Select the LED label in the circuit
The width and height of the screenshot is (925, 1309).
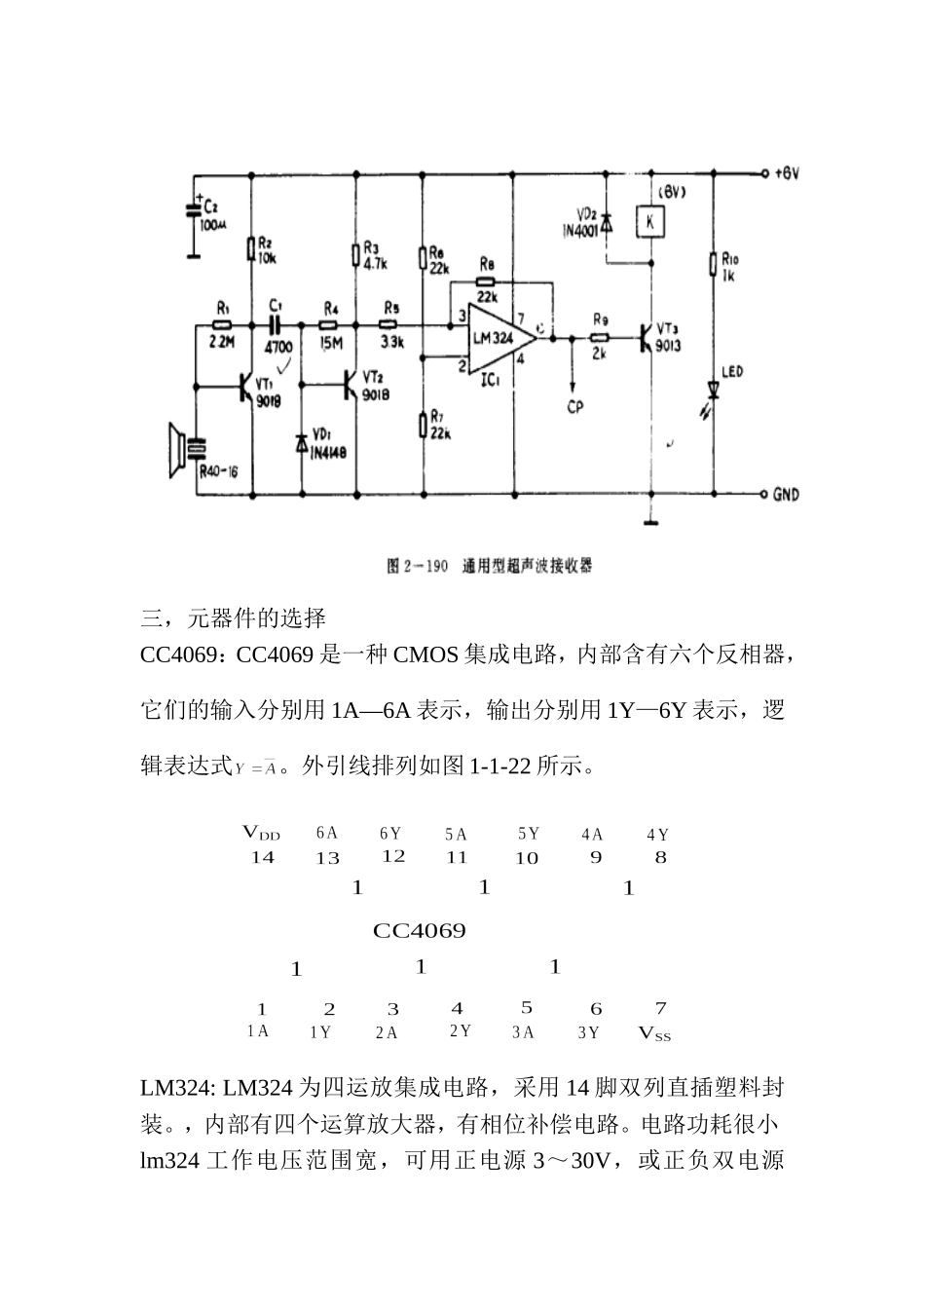(732, 372)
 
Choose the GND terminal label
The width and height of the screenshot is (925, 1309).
(786, 495)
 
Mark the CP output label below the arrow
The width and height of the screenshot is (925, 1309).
(575, 406)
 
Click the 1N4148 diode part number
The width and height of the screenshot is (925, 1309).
(328, 452)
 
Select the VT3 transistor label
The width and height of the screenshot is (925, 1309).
(669, 328)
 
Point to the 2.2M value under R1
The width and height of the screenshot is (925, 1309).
(222, 342)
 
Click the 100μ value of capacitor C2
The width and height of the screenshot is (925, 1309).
(211, 224)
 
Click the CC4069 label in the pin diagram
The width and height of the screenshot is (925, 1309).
(420, 931)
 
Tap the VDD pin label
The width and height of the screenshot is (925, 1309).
(261, 833)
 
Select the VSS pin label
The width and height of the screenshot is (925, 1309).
(655, 1033)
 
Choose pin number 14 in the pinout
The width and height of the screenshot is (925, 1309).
(262, 857)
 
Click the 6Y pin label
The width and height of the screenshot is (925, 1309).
(390, 834)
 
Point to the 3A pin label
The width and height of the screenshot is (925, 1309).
(524, 1032)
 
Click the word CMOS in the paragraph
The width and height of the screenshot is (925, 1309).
(425, 654)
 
